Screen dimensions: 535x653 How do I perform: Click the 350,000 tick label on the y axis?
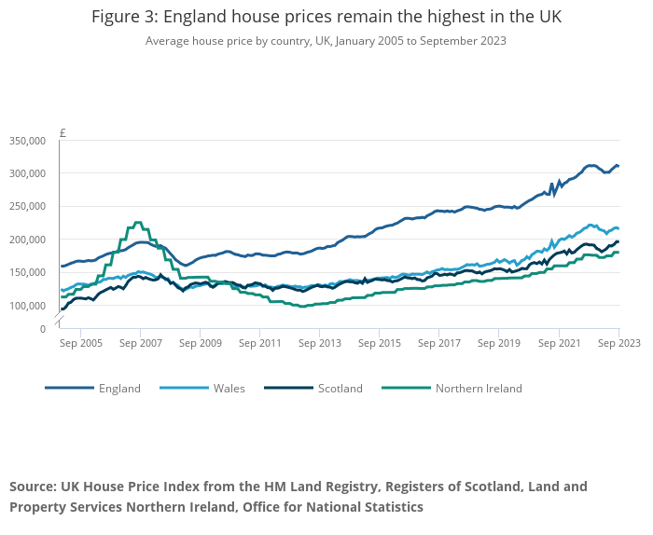coord(28,141)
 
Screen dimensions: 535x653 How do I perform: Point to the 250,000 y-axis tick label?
coord(28,207)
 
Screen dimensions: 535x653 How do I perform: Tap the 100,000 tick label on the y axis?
coord(28,306)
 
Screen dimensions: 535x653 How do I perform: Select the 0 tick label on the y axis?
coord(42,329)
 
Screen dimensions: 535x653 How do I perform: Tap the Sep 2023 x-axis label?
coord(618,343)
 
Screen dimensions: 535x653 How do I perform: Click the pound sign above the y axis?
coord(63,133)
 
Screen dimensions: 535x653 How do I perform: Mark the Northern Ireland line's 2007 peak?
coord(137,223)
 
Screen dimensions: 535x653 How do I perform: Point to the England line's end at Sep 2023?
coord(618,166)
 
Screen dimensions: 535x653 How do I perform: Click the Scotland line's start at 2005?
coord(63,309)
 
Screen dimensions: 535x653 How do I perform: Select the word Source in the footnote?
coord(33,487)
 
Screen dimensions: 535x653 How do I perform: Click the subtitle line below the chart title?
coord(326,41)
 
